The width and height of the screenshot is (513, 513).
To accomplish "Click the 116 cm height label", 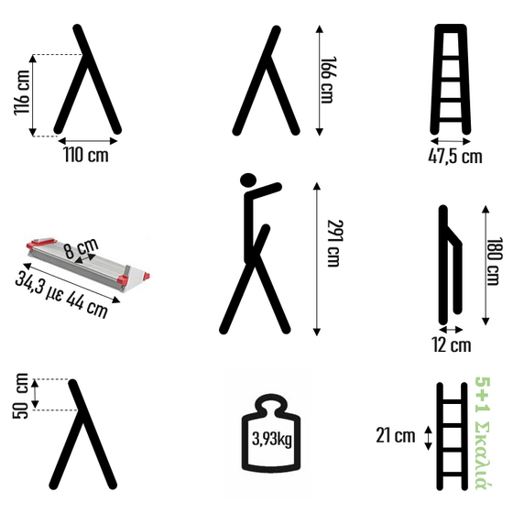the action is [22, 93].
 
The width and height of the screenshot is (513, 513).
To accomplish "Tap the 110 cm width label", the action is [86, 155].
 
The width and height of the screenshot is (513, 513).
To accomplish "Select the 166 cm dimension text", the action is [328, 81].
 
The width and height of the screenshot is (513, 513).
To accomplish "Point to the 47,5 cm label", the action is [455, 156].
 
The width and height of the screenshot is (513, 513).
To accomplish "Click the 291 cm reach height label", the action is [335, 243].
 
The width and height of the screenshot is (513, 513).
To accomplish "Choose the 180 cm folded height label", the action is [495, 261].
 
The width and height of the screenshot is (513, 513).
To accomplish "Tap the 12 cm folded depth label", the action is [452, 344].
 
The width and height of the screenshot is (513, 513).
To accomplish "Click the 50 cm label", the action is [20, 396].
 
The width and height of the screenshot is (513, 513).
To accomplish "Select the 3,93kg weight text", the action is [271, 439].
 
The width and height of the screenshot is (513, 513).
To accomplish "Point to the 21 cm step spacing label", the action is [395, 435].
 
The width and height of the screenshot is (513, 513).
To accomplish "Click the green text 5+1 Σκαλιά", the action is [484, 433].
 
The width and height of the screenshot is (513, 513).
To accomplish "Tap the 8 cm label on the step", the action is [81, 248].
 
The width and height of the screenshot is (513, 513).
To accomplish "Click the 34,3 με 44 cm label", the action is [62, 295].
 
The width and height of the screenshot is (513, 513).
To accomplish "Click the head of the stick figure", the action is [248, 180].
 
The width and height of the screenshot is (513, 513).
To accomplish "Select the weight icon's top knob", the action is [270, 403].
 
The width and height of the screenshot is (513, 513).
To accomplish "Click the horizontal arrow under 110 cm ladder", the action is [88, 141].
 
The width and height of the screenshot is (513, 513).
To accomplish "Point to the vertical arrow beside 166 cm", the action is [320, 81].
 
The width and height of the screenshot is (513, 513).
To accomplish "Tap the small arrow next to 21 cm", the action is [429, 438].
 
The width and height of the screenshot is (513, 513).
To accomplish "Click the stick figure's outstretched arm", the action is [264, 191].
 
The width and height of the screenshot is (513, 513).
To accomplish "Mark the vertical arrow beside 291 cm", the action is [316, 259].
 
